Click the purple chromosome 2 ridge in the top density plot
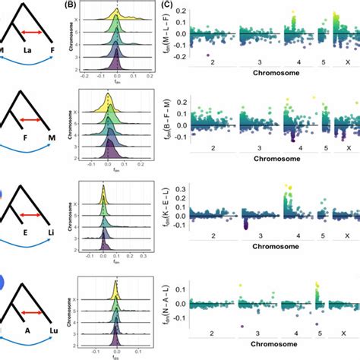(116, 68)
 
